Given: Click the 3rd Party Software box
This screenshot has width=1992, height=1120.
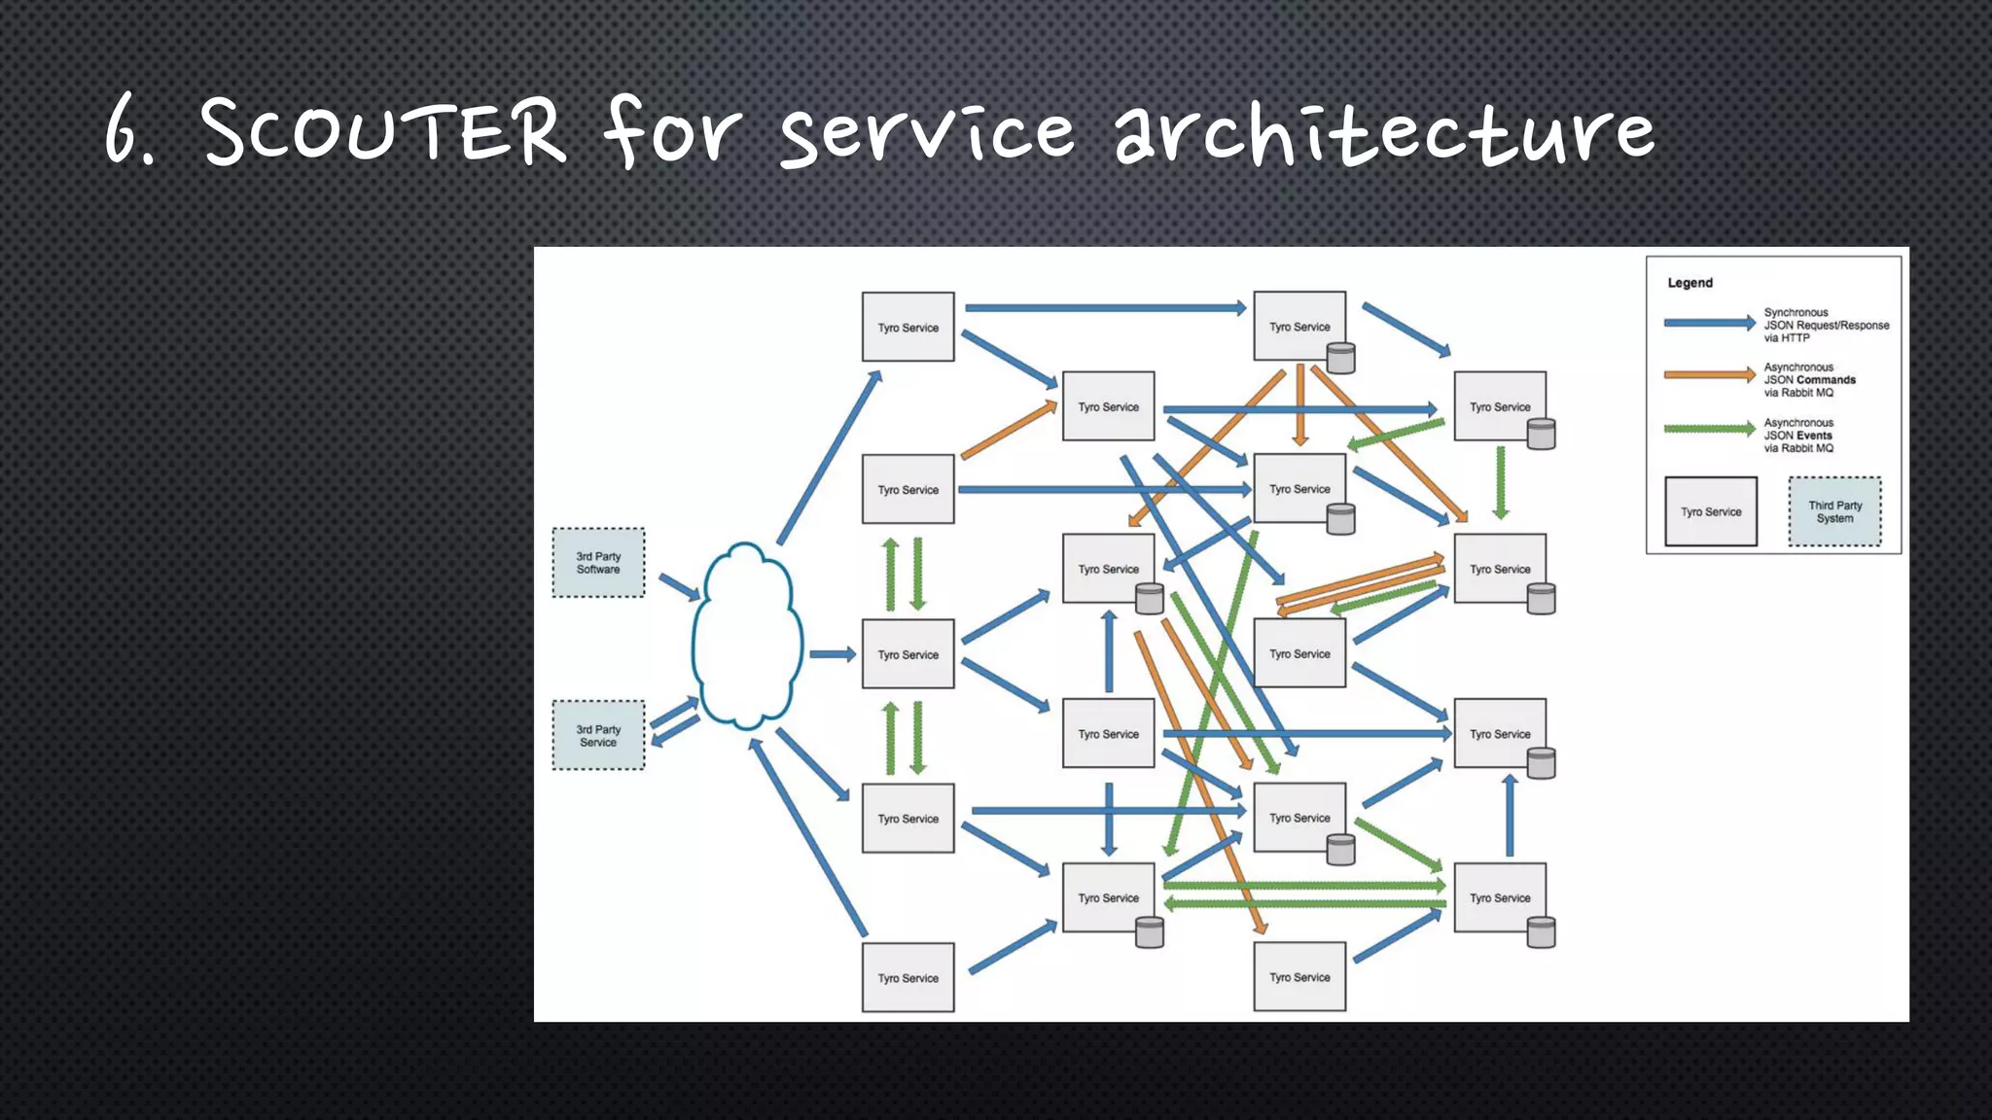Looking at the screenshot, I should click(597, 563).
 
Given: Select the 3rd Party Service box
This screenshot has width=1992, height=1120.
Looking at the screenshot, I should click(597, 736).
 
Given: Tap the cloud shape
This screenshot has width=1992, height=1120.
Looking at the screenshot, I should click(746, 637).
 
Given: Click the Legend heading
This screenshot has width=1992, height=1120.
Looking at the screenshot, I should click(1690, 283).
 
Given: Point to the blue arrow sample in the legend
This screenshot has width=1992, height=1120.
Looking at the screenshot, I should click(1709, 323).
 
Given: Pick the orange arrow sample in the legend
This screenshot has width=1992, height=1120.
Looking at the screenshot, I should click(1709, 374).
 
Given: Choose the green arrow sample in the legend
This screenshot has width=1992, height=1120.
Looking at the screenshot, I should click(1709, 429).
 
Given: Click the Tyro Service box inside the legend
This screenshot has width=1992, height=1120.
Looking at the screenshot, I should click(1710, 511).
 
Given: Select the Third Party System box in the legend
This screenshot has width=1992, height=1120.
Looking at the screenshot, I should click(1834, 511).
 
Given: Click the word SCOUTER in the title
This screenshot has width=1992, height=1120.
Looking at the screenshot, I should click(382, 131).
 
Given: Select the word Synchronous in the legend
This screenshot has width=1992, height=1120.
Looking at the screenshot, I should click(1796, 312).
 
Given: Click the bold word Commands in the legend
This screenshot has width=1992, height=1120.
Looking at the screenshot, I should click(1826, 380).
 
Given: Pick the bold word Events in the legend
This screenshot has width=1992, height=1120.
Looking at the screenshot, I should click(1814, 436).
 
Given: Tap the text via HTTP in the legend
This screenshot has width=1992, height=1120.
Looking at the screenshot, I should click(1787, 338).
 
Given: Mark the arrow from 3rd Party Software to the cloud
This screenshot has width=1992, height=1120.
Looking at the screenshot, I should click(679, 587).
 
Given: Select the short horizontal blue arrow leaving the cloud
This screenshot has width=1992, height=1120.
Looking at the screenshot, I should click(832, 654).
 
